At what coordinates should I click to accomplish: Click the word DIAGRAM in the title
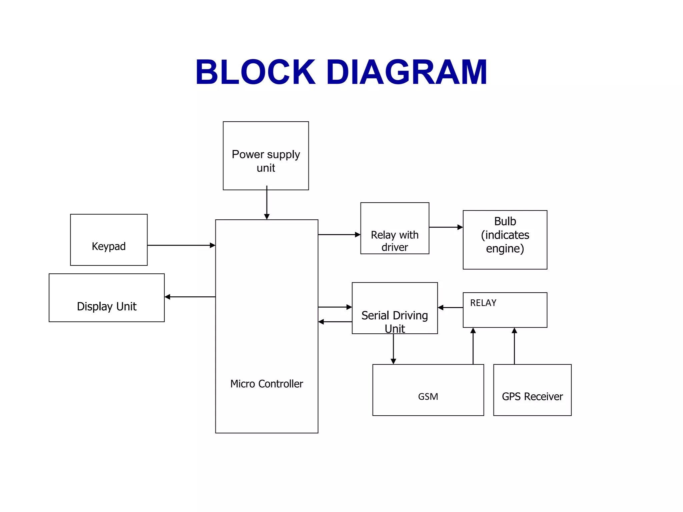point(407,72)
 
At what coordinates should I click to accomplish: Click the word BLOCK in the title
point(255,72)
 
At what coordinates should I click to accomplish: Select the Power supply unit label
point(266,161)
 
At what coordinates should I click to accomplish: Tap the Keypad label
point(109,246)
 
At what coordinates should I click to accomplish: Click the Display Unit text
point(107,306)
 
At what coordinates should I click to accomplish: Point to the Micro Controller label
point(266,384)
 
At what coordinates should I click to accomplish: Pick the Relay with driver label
point(395,241)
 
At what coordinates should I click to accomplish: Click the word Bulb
point(505,221)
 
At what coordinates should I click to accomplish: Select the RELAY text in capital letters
point(483,303)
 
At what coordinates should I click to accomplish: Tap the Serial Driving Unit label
point(395,322)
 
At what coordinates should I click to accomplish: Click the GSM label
point(428,397)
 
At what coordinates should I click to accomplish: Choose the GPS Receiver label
point(532,397)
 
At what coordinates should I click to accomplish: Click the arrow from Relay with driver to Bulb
point(446,227)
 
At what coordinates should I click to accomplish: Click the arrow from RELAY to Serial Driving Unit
point(450,308)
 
